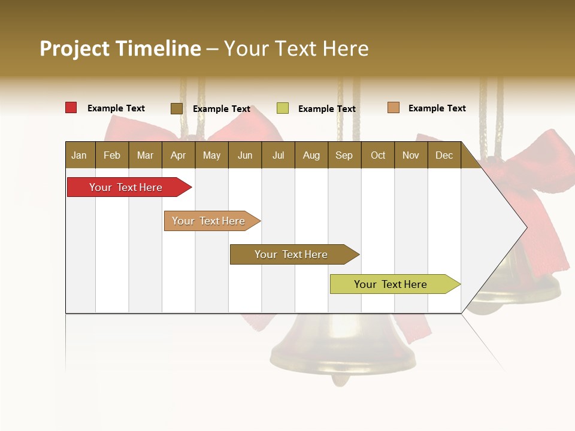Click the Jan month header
click(x=79, y=155)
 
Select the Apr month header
click(x=178, y=155)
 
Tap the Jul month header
click(x=278, y=155)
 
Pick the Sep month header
click(x=344, y=155)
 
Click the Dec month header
click(x=444, y=155)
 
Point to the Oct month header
click(x=377, y=155)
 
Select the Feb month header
click(x=112, y=155)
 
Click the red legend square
click(x=71, y=108)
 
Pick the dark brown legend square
click(x=176, y=108)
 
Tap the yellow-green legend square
click(x=282, y=108)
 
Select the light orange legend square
click(x=393, y=108)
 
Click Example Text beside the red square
click(x=116, y=108)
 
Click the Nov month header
click(x=410, y=155)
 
